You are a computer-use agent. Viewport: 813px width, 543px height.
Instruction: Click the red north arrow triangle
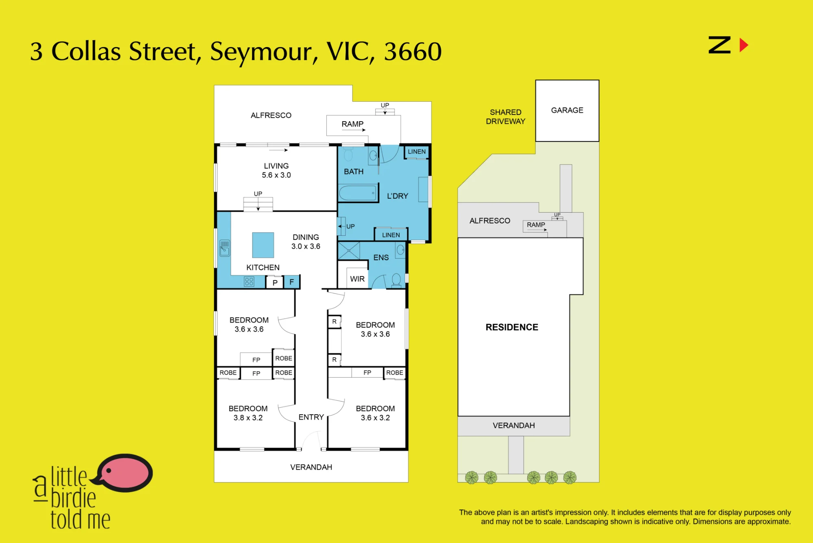click(x=743, y=45)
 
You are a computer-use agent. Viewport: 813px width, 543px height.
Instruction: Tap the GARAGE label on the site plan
click(x=567, y=110)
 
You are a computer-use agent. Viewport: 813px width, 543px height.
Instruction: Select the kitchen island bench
click(x=263, y=245)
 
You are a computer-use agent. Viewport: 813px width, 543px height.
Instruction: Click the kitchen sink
click(x=225, y=248)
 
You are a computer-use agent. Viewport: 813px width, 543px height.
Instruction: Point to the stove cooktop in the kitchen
click(x=249, y=281)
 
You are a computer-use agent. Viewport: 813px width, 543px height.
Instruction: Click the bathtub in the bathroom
click(x=358, y=193)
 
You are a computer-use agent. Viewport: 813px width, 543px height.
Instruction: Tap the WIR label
click(x=357, y=279)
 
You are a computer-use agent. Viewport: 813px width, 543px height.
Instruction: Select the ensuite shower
click(x=349, y=251)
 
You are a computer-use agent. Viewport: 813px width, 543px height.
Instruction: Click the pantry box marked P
click(x=275, y=282)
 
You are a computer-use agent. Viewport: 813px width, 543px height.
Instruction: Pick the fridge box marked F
click(x=291, y=282)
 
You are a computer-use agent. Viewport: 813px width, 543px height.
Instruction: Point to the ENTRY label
click(x=311, y=417)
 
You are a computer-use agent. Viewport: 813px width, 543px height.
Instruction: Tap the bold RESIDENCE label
click(x=512, y=327)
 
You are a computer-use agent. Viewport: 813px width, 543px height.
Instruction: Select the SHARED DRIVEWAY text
click(x=506, y=117)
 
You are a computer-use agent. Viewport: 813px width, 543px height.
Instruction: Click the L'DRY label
click(x=398, y=196)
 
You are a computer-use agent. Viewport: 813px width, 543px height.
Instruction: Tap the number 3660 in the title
click(x=413, y=52)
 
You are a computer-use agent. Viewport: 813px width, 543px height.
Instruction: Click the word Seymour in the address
click(x=261, y=52)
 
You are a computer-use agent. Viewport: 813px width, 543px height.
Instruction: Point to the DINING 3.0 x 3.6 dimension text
click(x=306, y=242)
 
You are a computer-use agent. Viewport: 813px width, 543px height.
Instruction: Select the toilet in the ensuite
click(x=396, y=279)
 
